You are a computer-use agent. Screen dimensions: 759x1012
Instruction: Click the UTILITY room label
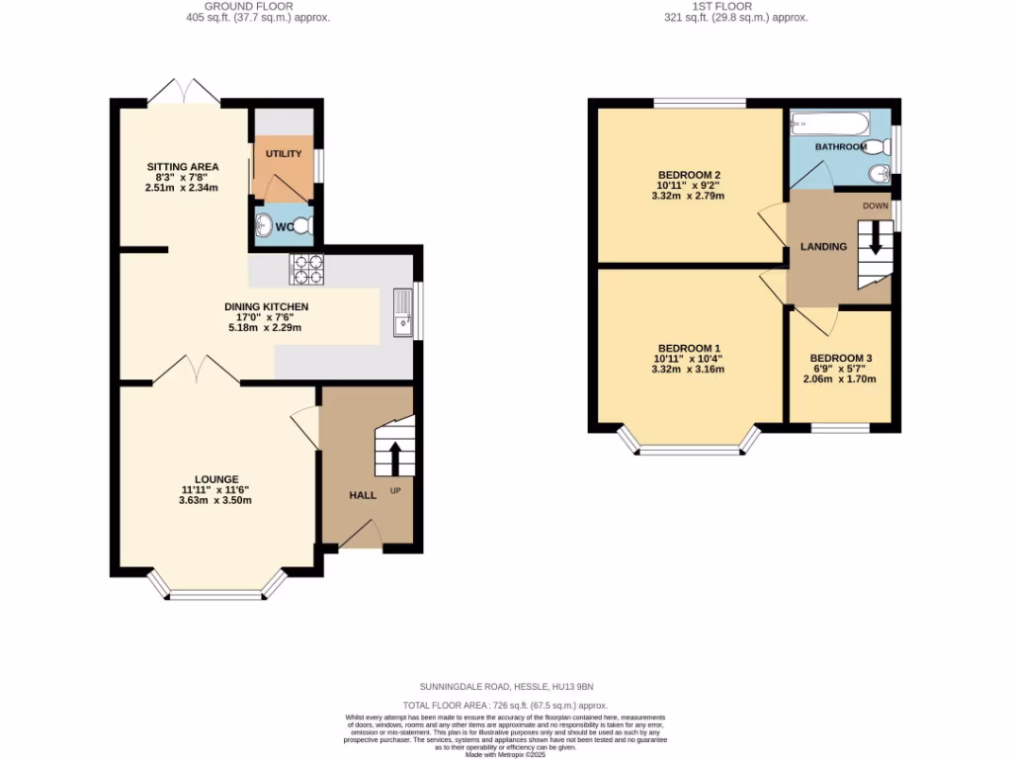tap(284, 154)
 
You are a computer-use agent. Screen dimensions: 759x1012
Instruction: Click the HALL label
tap(363, 495)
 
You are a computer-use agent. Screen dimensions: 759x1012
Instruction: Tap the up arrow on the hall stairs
tap(394, 458)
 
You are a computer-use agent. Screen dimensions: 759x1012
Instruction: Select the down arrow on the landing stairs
tap(875, 238)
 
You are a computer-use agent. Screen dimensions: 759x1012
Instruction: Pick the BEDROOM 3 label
tap(840, 359)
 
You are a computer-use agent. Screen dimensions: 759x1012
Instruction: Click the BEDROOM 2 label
tap(688, 173)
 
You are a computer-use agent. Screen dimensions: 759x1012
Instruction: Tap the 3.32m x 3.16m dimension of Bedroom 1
tap(688, 370)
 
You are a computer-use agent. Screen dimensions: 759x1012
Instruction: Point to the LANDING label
tap(823, 246)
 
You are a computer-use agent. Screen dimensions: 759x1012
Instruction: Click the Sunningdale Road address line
tap(506, 686)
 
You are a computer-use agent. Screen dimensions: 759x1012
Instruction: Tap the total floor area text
tap(506, 704)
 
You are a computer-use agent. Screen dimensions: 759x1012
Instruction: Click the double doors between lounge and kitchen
tap(196, 372)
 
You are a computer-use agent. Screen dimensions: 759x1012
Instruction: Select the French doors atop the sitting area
tap(184, 91)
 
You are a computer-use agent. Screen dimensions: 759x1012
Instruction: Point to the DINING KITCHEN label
tap(266, 306)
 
